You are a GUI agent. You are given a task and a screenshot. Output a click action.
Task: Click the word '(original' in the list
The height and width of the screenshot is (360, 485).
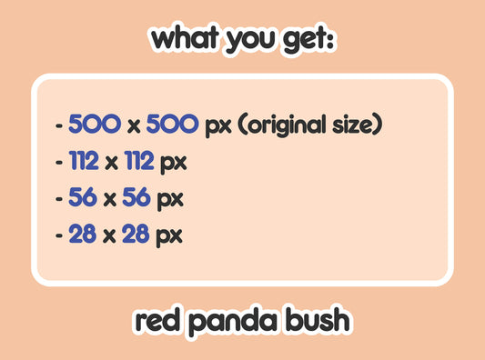point(284,125)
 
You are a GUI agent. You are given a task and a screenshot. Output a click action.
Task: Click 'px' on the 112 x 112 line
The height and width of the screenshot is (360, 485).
point(173,163)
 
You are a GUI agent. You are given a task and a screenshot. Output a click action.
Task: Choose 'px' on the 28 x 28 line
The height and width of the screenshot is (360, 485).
point(168,235)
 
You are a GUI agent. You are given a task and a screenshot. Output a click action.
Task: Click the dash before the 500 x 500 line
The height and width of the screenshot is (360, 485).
point(59,125)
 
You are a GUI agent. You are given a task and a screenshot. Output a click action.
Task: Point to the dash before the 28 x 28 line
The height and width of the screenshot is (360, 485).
point(59,235)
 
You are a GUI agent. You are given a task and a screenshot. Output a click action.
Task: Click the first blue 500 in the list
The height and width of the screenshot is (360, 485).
point(95,124)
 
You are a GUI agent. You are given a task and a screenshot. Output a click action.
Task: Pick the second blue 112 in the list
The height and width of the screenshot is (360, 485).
point(136,162)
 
